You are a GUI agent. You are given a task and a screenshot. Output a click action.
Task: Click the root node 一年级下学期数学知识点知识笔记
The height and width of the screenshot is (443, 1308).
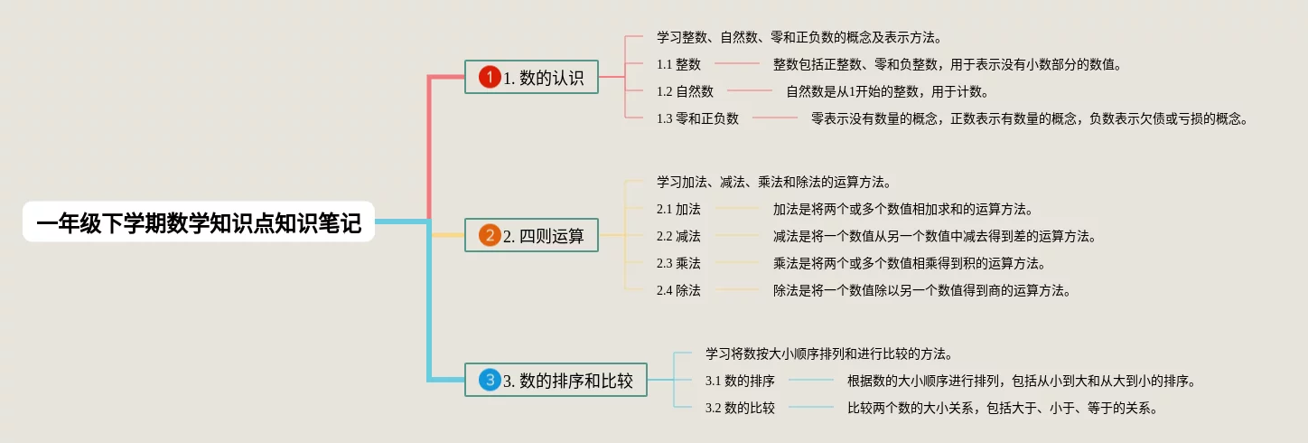tap(199, 222)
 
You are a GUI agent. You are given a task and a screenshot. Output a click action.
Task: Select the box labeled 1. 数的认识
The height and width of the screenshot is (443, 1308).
tap(531, 77)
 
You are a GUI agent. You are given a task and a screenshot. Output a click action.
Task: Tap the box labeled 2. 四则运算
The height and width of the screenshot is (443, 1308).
tap(531, 235)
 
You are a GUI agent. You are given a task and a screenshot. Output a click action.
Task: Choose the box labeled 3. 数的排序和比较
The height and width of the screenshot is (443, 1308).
tap(556, 380)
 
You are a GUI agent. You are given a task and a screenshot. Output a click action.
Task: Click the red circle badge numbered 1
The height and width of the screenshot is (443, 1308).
tap(490, 77)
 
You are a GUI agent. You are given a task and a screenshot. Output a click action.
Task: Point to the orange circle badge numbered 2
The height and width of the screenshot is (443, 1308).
tap(490, 236)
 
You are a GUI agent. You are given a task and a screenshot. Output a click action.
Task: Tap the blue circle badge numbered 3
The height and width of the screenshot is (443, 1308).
tap(490, 380)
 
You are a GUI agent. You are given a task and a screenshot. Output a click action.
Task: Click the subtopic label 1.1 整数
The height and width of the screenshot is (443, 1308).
tap(678, 64)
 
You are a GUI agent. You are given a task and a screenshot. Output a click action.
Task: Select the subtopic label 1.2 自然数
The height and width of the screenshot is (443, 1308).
tap(685, 91)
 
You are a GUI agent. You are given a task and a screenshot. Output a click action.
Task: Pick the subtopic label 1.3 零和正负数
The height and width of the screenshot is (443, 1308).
tap(697, 118)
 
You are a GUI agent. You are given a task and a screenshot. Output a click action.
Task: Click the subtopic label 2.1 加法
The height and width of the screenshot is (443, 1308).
tap(678, 209)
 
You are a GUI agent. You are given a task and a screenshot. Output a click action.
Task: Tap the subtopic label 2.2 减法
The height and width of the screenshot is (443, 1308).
tap(678, 236)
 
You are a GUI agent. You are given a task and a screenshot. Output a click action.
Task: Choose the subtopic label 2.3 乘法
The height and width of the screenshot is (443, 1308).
tap(678, 263)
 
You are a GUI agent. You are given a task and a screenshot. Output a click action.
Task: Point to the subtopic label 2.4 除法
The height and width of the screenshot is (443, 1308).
tap(678, 290)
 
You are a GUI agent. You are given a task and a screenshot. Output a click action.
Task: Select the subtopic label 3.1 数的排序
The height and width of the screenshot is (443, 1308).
tap(740, 381)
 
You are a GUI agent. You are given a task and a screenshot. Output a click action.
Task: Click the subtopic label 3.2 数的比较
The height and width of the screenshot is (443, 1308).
tap(740, 408)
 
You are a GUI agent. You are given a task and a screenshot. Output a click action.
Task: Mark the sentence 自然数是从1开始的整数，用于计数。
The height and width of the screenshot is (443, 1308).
tap(888, 91)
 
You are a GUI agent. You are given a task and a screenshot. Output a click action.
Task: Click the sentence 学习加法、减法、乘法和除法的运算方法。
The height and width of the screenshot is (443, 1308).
tap(775, 182)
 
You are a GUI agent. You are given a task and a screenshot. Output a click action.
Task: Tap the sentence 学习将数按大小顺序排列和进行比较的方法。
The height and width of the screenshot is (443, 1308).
tap(830, 353)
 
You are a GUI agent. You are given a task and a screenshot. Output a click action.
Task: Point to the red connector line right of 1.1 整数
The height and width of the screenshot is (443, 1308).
tap(737, 63)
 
